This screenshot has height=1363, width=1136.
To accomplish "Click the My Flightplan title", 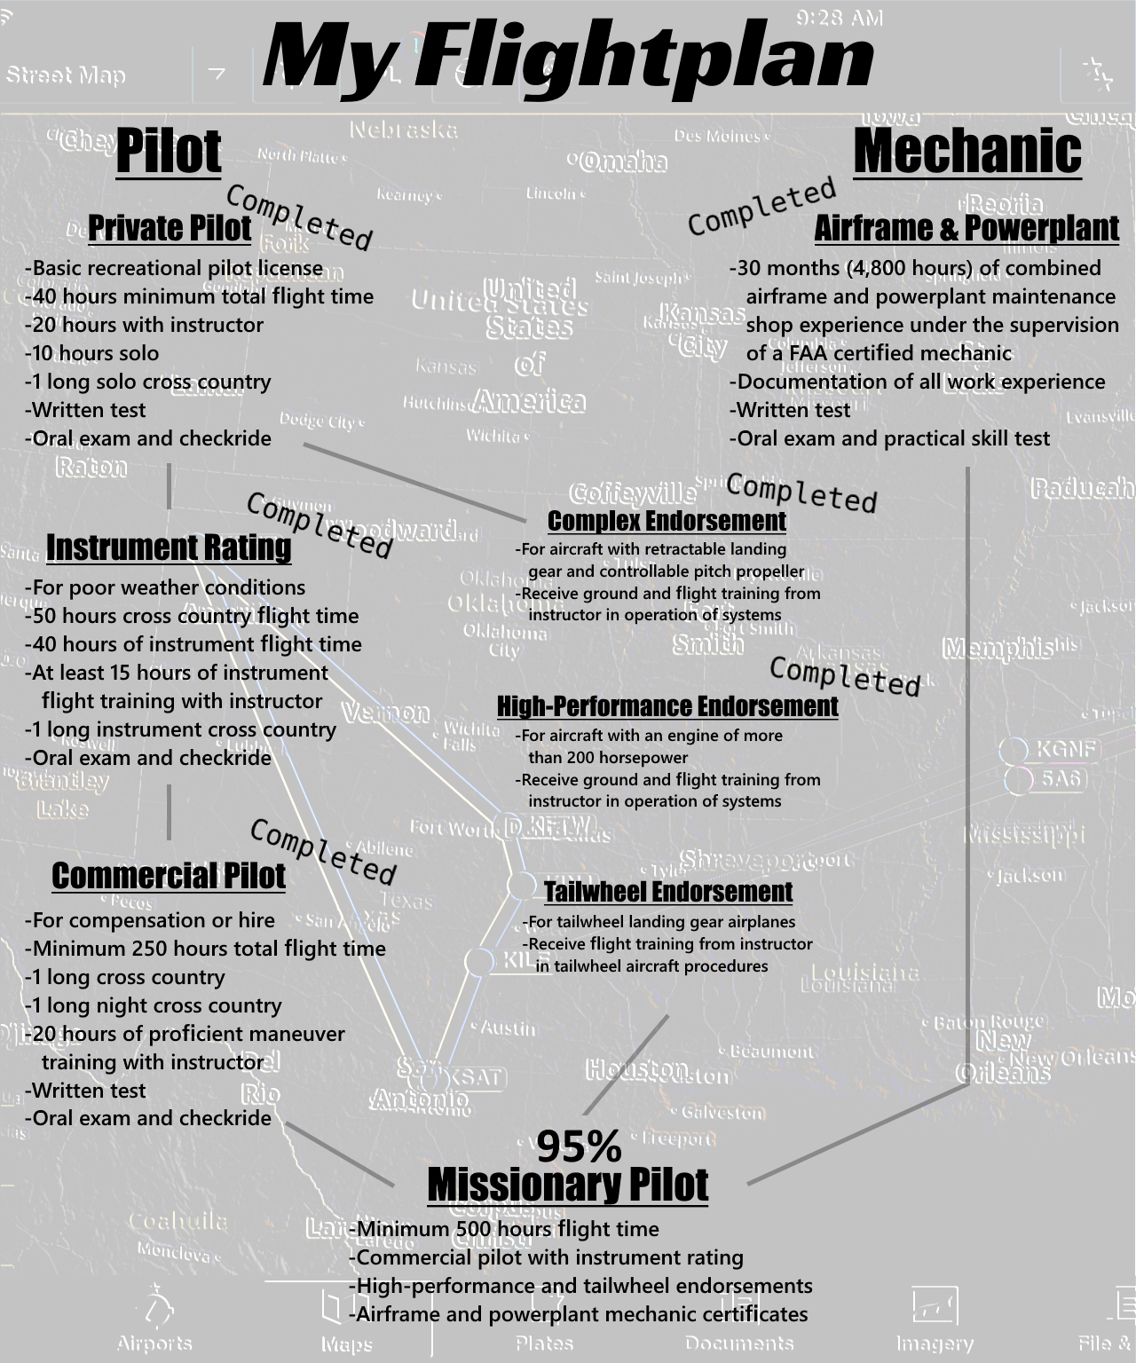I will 568,59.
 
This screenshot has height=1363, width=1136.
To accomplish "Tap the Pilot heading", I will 168,151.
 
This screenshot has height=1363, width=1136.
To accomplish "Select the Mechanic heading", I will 966,151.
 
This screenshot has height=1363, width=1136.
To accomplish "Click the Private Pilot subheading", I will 169,228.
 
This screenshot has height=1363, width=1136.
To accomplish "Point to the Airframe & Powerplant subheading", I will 966,228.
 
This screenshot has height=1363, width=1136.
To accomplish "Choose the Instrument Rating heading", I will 169,547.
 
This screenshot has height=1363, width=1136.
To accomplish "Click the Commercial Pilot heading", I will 169,875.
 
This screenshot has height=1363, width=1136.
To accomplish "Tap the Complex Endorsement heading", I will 667,521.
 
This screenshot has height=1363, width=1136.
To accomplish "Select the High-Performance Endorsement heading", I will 667,706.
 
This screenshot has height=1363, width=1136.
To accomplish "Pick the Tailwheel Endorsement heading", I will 667,891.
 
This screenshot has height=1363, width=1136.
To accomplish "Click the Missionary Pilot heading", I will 568,1185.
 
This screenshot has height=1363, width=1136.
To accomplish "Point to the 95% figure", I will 579,1146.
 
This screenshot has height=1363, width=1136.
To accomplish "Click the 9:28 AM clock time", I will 839,18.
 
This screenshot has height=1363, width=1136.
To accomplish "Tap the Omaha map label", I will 623,162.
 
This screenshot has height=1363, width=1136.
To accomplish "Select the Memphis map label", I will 998,649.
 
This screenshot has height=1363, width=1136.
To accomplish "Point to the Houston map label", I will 636,1069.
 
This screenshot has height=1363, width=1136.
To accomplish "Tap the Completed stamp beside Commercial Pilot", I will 322,852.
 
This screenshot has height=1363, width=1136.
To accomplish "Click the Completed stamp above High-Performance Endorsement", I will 844,676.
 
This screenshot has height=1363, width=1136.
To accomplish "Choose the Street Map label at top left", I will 66,75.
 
